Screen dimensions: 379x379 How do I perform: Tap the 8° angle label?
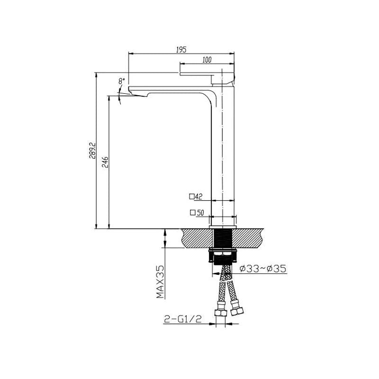coord(122,81)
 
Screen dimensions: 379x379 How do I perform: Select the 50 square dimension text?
coord(200,213)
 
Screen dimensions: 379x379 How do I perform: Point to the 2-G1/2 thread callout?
coord(183,320)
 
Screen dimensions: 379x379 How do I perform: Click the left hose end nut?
coord(219,314)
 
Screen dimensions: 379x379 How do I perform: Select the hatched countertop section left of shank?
coord(195,237)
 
